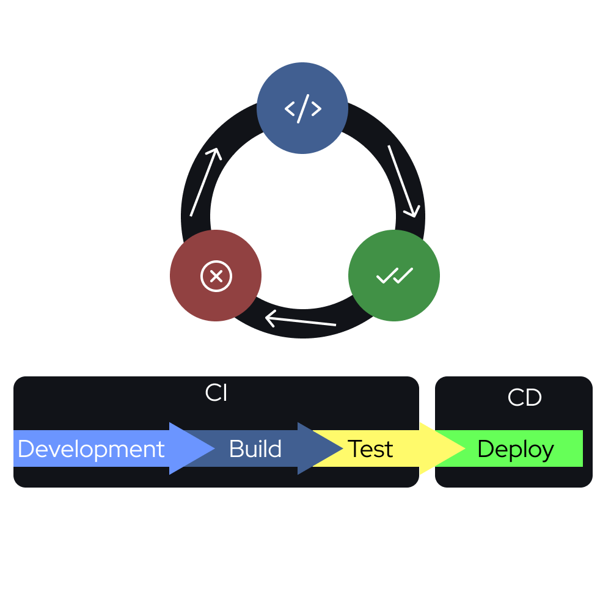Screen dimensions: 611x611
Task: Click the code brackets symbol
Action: (302, 108)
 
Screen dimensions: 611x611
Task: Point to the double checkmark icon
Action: (395, 276)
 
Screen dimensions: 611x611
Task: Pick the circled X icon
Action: (216, 276)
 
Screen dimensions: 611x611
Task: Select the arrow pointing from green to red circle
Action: (301, 320)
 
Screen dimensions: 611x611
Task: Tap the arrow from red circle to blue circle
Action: (205, 181)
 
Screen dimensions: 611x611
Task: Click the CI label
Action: (216, 393)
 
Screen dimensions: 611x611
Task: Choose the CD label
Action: (524, 398)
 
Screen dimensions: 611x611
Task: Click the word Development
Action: (91, 449)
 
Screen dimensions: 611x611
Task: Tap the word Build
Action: (255, 449)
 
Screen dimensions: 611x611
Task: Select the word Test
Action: (370, 449)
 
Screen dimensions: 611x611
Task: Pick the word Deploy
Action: (515, 449)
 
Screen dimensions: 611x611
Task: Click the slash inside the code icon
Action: (302, 108)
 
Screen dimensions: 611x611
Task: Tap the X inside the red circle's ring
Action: (216, 276)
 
